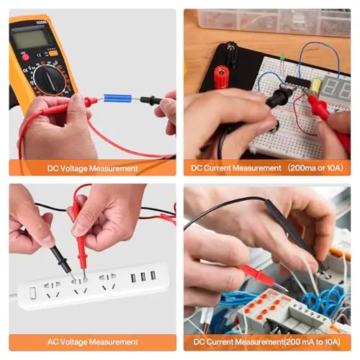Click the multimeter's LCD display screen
tap(30, 38)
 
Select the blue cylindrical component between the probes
tap(117, 98)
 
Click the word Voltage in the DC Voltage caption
tap(73, 168)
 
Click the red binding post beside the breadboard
tap(221, 77)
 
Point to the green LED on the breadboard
tap(282, 56)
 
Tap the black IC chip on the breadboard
tap(298, 81)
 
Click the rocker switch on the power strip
tap(33, 293)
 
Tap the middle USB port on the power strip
tap(143, 276)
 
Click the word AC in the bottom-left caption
tap(53, 342)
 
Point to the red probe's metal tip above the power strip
tap(84, 274)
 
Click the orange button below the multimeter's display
tap(53, 53)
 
